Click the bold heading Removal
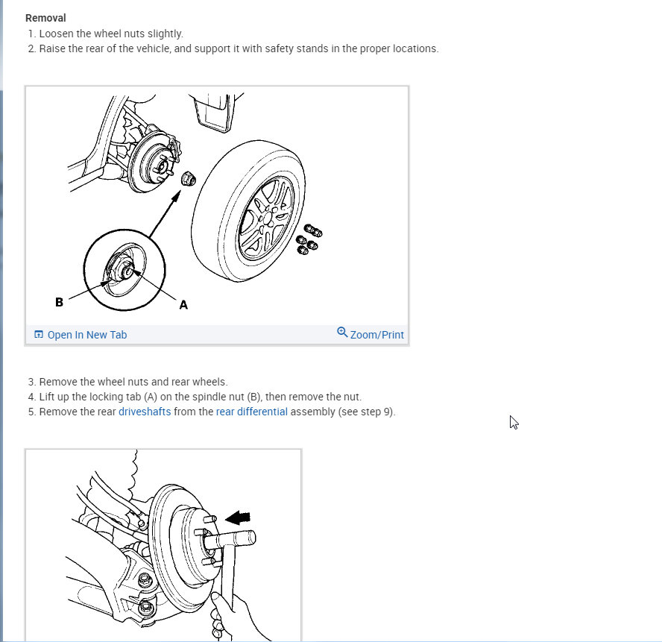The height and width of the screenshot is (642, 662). (x=45, y=18)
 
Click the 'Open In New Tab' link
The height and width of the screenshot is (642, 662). (x=86, y=335)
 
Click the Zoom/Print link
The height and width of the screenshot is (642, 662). (x=376, y=335)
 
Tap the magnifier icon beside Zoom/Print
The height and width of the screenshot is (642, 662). (x=342, y=333)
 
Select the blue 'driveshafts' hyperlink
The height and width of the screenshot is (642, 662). (x=145, y=412)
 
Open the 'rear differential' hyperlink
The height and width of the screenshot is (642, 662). (x=251, y=412)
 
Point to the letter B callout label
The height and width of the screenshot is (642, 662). (x=59, y=302)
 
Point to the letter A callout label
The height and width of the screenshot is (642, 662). (x=183, y=304)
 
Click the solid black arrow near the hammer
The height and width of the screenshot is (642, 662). (x=239, y=517)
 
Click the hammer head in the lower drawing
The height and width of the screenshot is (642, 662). (x=230, y=538)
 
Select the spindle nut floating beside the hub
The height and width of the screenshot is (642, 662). (x=189, y=179)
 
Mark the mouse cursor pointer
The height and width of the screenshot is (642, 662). (x=514, y=422)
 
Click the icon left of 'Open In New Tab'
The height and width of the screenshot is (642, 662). (x=39, y=335)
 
